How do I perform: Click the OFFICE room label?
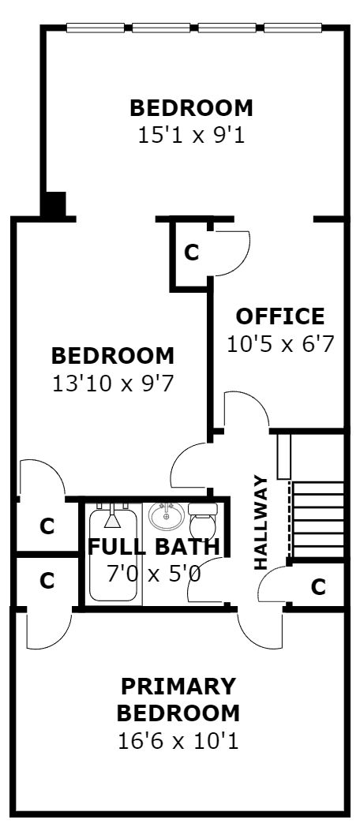pyautogui.click(x=279, y=316)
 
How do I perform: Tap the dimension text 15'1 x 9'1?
pyautogui.click(x=191, y=136)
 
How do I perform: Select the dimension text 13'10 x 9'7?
pyautogui.click(x=112, y=384)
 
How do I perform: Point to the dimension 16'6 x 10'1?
pyautogui.click(x=178, y=741)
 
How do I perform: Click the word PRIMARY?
pyautogui.click(x=178, y=687)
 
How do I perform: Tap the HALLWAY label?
pyautogui.click(x=261, y=522)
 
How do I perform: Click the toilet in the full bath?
pyautogui.click(x=203, y=519)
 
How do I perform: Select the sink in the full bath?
pyautogui.click(x=167, y=515)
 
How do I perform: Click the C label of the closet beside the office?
pyautogui.click(x=191, y=253)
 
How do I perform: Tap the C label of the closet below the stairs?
pyautogui.click(x=318, y=586)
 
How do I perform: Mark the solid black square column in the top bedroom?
pyautogui.click(x=54, y=204)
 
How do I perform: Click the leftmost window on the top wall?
pyautogui.click(x=96, y=28)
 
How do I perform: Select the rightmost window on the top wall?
pyautogui.click(x=293, y=28)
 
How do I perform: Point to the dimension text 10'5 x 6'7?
pyautogui.click(x=280, y=344)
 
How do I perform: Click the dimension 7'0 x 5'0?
pyautogui.click(x=154, y=574)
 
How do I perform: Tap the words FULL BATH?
pyautogui.click(x=154, y=547)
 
